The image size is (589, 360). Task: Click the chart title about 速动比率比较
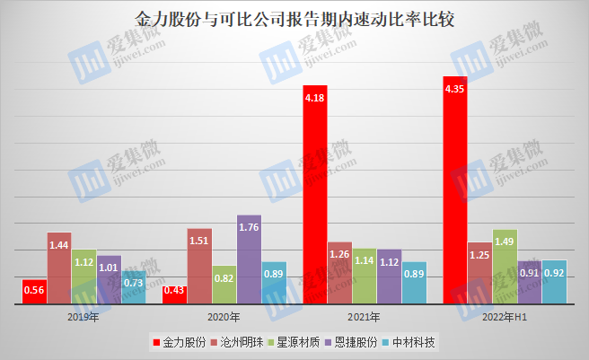pyautogui.click(x=294, y=20)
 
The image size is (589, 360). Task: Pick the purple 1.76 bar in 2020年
pyautogui.click(x=249, y=259)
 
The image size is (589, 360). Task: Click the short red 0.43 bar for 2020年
pyautogui.click(x=174, y=294)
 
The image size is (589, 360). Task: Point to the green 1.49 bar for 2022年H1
pyautogui.click(x=505, y=267)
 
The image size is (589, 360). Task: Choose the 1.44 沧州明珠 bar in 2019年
pyautogui.click(x=59, y=268)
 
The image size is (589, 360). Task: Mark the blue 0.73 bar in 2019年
pyautogui.click(x=133, y=287)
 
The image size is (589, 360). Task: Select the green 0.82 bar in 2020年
pyautogui.click(x=224, y=285)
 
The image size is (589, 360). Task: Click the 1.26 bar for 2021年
pyautogui.click(x=339, y=273)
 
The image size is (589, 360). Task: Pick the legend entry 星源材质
pyautogui.click(x=301, y=342)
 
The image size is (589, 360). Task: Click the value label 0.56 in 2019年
pyautogui.click(x=34, y=291)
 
